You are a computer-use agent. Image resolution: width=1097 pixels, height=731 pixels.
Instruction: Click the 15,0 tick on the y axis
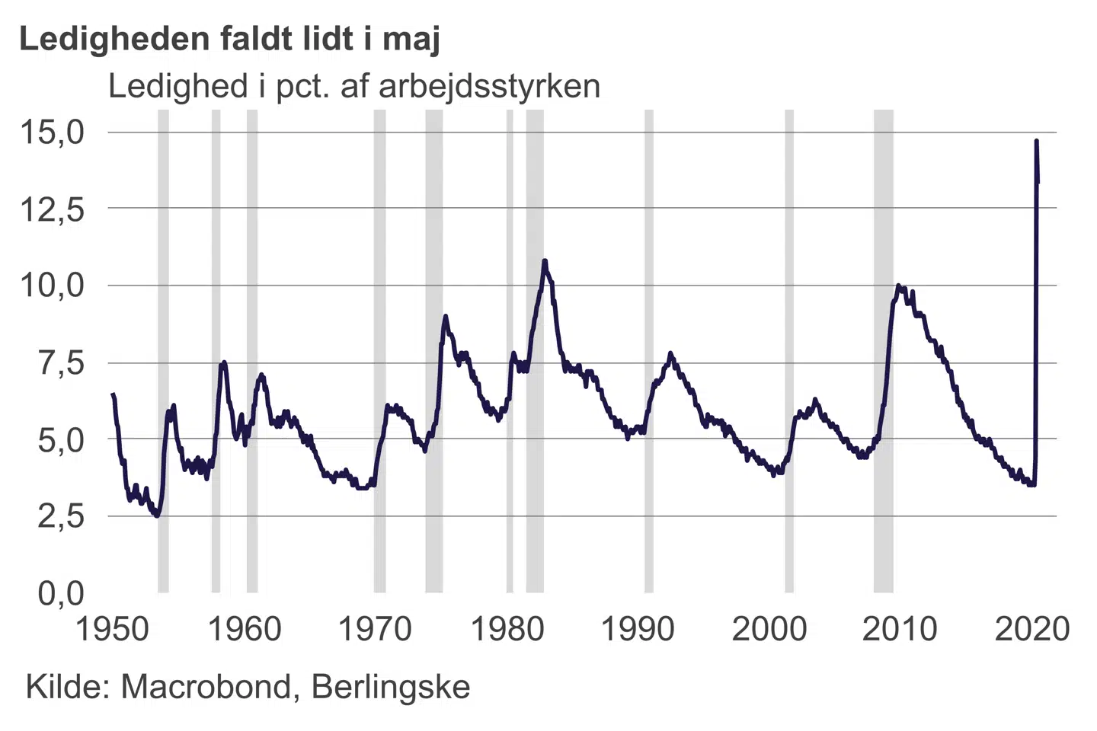pyautogui.click(x=51, y=132)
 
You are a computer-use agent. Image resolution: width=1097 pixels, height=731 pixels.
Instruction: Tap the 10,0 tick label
pyautogui.click(x=51, y=286)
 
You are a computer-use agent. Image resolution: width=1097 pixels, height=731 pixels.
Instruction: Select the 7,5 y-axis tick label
pyautogui.click(x=61, y=363)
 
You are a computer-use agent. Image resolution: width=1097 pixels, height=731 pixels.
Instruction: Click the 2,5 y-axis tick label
pyautogui.click(x=61, y=516)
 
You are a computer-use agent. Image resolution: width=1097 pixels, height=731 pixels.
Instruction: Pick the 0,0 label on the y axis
pyautogui.click(x=61, y=592)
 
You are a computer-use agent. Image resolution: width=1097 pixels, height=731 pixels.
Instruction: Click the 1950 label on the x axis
pyautogui.click(x=113, y=629)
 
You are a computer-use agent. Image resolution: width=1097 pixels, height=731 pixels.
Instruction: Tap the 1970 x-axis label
pyautogui.click(x=375, y=629)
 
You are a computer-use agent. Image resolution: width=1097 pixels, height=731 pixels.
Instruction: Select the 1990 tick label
pyautogui.click(x=638, y=629)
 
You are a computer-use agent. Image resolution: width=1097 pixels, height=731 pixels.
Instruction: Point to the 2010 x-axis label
pyautogui.click(x=900, y=629)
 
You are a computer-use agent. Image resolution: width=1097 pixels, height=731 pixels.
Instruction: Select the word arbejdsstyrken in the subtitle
pyautogui.click(x=489, y=87)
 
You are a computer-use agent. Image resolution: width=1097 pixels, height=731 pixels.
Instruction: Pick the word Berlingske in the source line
pyautogui.click(x=391, y=688)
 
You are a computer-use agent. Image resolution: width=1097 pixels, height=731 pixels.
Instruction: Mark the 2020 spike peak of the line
pyautogui.click(x=1036, y=141)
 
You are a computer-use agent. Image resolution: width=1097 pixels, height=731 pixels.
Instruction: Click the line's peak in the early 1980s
pyautogui.click(x=545, y=261)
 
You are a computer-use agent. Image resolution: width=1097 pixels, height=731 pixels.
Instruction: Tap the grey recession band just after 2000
pyautogui.click(x=789, y=350)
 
